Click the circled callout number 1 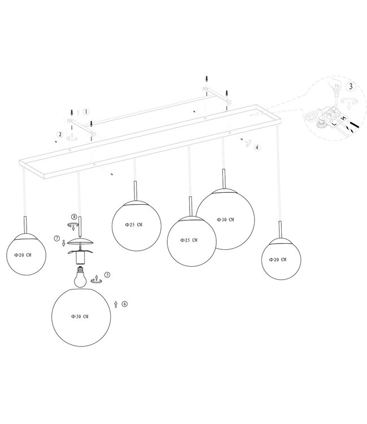coord(86,112)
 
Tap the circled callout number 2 coord(59,135)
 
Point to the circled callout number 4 coord(257,147)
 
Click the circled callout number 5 coord(107,275)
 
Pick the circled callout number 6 coord(124,304)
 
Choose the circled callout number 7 coord(57,239)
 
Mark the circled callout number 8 coord(74,217)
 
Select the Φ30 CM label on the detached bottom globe coord(80,317)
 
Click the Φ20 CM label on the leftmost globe coord(23,255)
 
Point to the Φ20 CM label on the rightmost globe coord(277,259)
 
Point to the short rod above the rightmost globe coord(280,228)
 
